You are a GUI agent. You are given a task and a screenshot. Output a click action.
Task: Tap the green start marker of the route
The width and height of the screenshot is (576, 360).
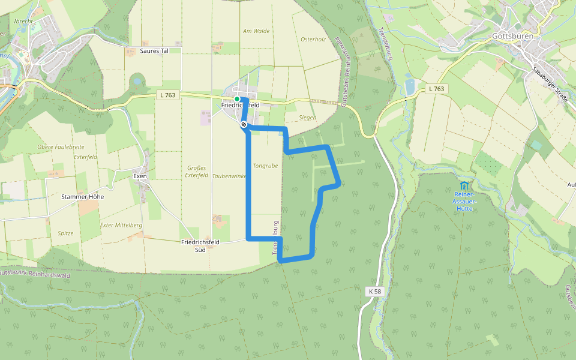pos(237,99)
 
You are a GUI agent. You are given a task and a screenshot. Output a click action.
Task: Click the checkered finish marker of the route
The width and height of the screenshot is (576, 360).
pos(244,124)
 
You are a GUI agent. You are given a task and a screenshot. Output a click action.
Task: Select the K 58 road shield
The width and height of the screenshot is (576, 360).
pos(374,291)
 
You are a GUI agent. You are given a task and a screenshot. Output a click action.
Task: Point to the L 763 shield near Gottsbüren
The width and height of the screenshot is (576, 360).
pos(437,89)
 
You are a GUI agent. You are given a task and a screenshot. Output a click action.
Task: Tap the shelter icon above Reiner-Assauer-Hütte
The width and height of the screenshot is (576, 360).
pos(465,185)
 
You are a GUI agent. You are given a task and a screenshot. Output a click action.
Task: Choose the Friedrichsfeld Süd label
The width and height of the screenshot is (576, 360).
pos(200,245)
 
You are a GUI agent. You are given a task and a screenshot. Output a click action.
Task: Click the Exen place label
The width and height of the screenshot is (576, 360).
pos(140,176)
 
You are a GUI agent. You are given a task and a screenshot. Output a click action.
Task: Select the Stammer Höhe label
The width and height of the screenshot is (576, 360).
pos(83,197)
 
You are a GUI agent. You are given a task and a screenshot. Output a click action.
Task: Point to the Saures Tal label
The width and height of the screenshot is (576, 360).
pos(154,51)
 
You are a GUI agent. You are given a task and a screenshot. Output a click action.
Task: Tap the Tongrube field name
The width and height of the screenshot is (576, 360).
pos(266,166)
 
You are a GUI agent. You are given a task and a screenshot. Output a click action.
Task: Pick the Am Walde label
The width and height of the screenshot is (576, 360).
pos(256,31)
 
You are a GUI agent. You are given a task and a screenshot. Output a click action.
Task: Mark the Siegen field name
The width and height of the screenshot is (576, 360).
pos(307,118)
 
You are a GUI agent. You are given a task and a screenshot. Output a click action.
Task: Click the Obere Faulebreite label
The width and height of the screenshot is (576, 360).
pos(61,147)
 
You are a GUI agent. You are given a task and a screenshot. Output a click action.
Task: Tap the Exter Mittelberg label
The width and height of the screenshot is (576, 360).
pos(121,225)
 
